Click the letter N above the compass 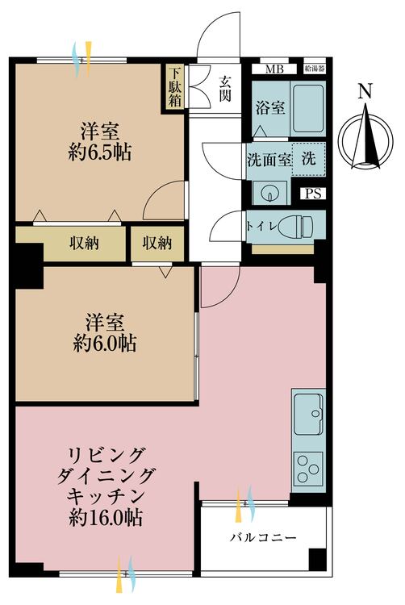[365, 93]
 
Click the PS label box [313, 194]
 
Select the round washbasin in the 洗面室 [268, 193]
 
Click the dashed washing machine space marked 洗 [307, 159]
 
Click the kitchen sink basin [308, 415]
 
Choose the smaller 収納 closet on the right [158, 242]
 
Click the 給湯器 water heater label [314, 69]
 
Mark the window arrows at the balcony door [247, 505]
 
